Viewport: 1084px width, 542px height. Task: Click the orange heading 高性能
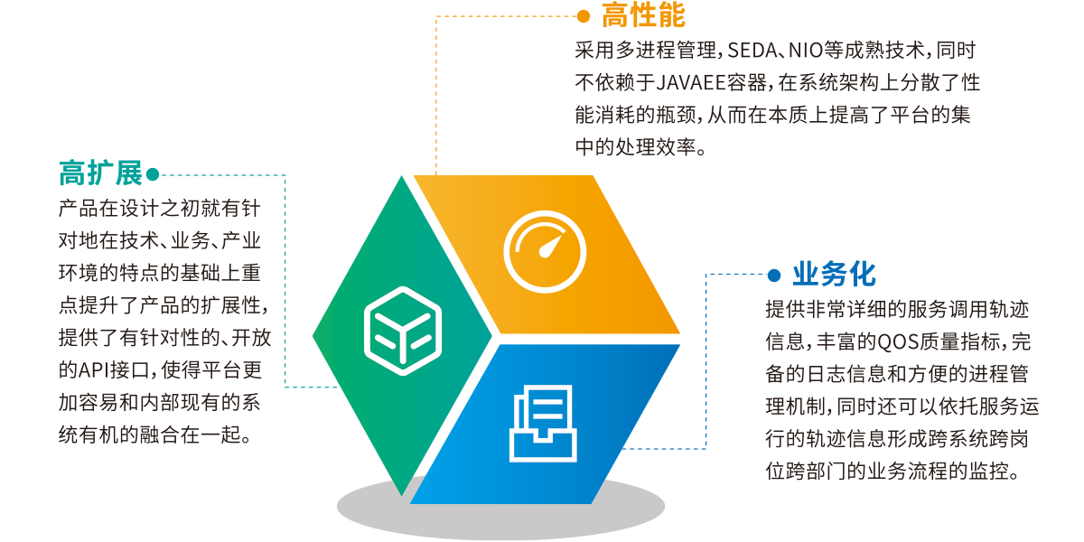tap(643, 15)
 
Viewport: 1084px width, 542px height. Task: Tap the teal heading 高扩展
tap(100, 173)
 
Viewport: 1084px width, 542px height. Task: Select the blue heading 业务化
tap(834, 274)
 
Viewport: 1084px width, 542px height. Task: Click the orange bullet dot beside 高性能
tap(584, 15)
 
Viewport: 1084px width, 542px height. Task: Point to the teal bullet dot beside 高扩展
tap(152, 173)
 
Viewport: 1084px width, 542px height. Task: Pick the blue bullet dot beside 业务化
tap(773, 274)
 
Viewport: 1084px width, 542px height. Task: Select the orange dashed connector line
tap(436, 90)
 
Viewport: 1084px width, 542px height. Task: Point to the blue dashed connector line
tap(706, 361)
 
